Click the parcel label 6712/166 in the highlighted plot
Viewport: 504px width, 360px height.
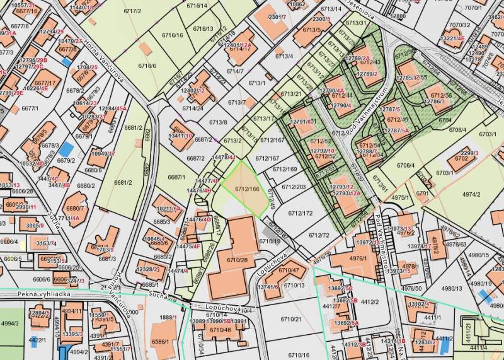point(247,189)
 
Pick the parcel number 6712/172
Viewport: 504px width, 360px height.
point(301,213)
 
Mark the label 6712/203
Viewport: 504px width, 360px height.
point(293,187)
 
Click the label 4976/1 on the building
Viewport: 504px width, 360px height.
point(357,258)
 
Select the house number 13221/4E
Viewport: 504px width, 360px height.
point(452,38)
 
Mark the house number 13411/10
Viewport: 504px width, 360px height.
point(180,134)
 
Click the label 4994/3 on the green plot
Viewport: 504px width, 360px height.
point(9,323)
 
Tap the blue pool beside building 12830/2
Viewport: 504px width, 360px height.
point(444,345)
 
